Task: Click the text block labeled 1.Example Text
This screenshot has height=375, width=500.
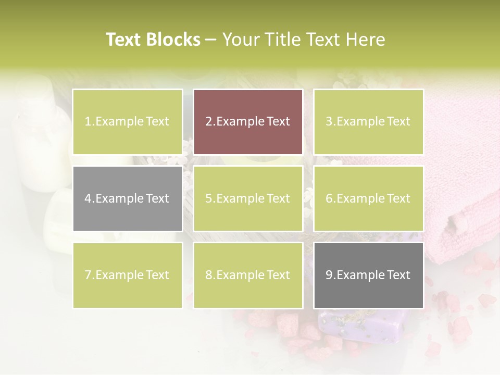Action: pyautogui.click(x=128, y=122)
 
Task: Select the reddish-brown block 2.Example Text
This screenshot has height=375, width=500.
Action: pyautogui.click(x=248, y=122)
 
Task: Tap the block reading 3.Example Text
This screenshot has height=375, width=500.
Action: pyautogui.click(x=368, y=122)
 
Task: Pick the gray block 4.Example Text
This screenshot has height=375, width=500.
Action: pyautogui.click(x=128, y=198)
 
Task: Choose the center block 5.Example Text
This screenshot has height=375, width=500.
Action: pyautogui.click(x=248, y=198)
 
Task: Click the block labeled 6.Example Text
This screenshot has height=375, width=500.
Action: pyautogui.click(x=368, y=198)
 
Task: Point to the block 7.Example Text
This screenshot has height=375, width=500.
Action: pyautogui.click(x=128, y=275)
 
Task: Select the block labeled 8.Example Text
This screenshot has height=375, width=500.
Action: pyautogui.click(x=248, y=275)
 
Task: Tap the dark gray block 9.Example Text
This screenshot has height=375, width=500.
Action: pyautogui.click(x=368, y=275)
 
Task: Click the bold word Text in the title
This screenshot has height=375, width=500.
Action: pyautogui.click(x=123, y=40)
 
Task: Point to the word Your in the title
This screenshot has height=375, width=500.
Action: pyautogui.click(x=240, y=40)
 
